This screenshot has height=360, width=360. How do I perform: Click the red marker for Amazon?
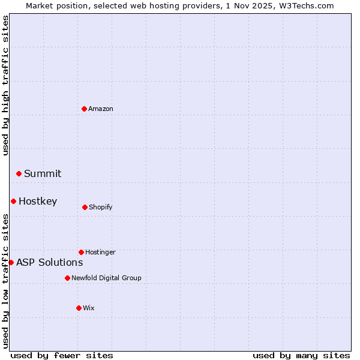click(x=84, y=109)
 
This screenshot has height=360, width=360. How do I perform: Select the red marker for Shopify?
click(x=85, y=207)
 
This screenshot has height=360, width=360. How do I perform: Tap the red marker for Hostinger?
click(x=81, y=252)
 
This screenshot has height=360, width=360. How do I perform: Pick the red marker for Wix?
click(x=79, y=308)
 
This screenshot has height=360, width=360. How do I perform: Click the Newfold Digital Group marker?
click(x=67, y=278)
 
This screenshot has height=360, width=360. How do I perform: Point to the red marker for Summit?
click(x=19, y=173)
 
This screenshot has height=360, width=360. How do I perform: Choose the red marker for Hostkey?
click(x=13, y=201)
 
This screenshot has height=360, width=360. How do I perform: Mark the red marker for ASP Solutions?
click(x=11, y=262)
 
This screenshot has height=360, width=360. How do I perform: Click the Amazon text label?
click(x=101, y=109)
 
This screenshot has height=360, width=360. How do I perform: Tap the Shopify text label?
click(x=101, y=207)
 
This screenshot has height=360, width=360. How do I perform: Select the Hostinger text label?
click(x=100, y=252)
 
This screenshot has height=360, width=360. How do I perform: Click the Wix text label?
click(x=89, y=308)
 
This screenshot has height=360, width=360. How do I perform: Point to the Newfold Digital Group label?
click(x=107, y=278)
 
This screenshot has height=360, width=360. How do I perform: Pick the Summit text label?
click(x=43, y=173)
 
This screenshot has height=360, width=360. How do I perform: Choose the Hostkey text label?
click(x=38, y=201)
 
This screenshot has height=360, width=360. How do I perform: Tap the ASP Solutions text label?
click(x=50, y=262)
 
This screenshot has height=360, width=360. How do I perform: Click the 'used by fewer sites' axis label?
click(x=62, y=355)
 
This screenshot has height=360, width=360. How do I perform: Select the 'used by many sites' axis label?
click(x=301, y=355)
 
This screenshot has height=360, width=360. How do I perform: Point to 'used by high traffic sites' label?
click(x=5, y=85)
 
